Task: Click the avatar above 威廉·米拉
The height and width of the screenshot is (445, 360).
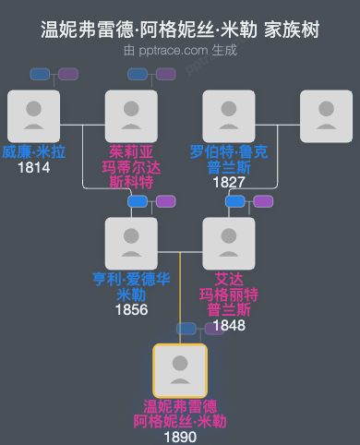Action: tap(33, 115)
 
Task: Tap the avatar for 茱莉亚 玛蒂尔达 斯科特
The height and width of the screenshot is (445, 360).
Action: tap(131, 115)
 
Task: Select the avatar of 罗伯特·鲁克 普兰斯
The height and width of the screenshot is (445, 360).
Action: tap(228, 115)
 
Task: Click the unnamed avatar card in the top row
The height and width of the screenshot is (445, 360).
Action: tap(326, 115)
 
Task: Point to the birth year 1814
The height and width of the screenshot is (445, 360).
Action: tap(33, 168)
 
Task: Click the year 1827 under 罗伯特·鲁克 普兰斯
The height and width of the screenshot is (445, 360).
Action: tap(228, 182)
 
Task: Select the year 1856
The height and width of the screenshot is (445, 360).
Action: tap(131, 309)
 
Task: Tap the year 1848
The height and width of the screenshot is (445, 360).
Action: tap(228, 324)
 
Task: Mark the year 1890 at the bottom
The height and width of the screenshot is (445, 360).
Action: tap(180, 437)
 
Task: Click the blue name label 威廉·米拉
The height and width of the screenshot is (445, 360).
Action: tap(33, 152)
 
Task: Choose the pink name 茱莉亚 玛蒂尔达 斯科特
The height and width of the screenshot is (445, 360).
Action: tap(131, 167)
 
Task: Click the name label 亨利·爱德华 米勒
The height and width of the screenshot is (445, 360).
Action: tap(131, 286)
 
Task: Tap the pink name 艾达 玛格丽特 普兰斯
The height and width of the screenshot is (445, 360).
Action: tap(228, 295)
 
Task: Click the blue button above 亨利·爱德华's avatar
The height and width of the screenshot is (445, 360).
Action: tap(138, 201)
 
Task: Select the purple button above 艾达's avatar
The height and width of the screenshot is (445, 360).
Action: tap(263, 201)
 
